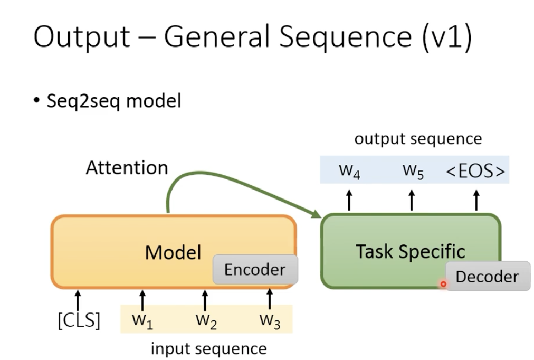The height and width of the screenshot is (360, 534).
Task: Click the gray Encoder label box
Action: click(x=255, y=270)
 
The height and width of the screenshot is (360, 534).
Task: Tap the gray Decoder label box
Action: click(x=487, y=276)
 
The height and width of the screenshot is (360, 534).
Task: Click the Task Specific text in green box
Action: click(x=410, y=251)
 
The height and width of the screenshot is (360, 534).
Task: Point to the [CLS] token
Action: click(x=79, y=320)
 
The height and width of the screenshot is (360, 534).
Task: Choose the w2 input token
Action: click(x=206, y=320)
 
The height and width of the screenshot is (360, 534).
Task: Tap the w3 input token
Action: click(x=269, y=320)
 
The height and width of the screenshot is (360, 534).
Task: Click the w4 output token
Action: click(x=349, y=171)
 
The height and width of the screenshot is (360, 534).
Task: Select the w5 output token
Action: click(x=413, y=171)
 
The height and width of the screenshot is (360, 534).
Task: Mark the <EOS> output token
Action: click(x=475, y=171)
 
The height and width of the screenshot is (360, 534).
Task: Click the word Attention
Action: click(x=127, y=168)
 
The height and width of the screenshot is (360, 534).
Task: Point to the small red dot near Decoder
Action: click(x=443, y=284)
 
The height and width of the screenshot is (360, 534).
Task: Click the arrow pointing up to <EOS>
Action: click(x=476, y=201)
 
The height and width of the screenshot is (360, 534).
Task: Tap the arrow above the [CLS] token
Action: click(x=79, y=299)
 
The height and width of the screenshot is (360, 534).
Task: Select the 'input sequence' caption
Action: click(x=208, y=348)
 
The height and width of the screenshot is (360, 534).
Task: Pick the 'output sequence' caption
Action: click(x=418, y=139)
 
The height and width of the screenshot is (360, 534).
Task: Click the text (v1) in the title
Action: click(x=447, y=38)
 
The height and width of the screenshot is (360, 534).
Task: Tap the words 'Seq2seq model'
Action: click(x=113, y=100)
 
